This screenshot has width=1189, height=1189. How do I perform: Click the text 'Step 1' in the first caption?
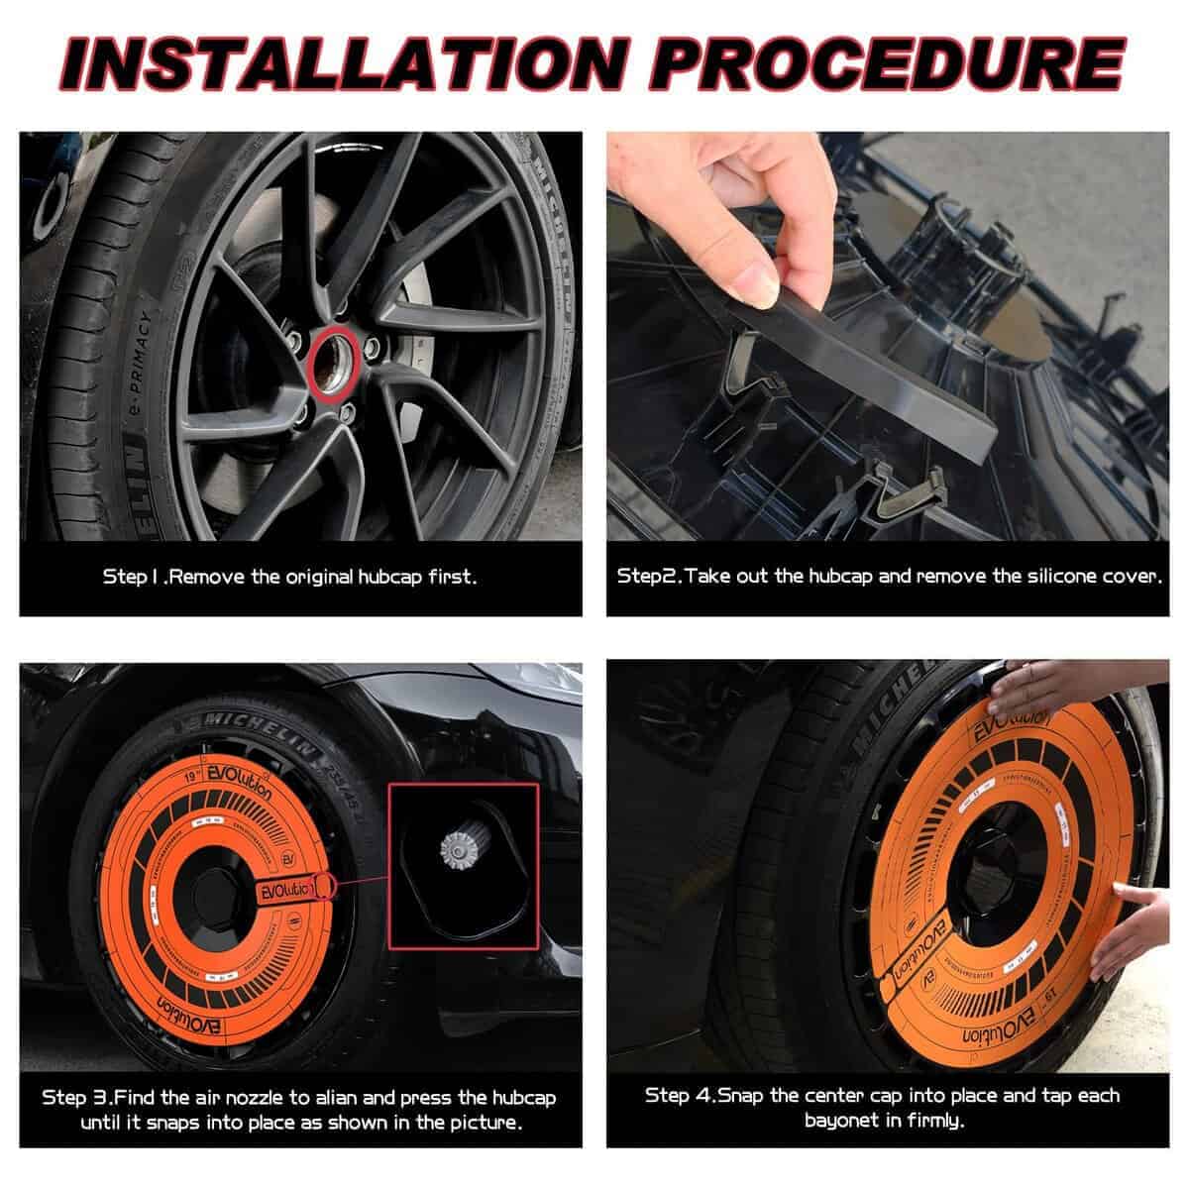tap(129, 576)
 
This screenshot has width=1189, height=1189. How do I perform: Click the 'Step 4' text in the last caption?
tap(679, 1096)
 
